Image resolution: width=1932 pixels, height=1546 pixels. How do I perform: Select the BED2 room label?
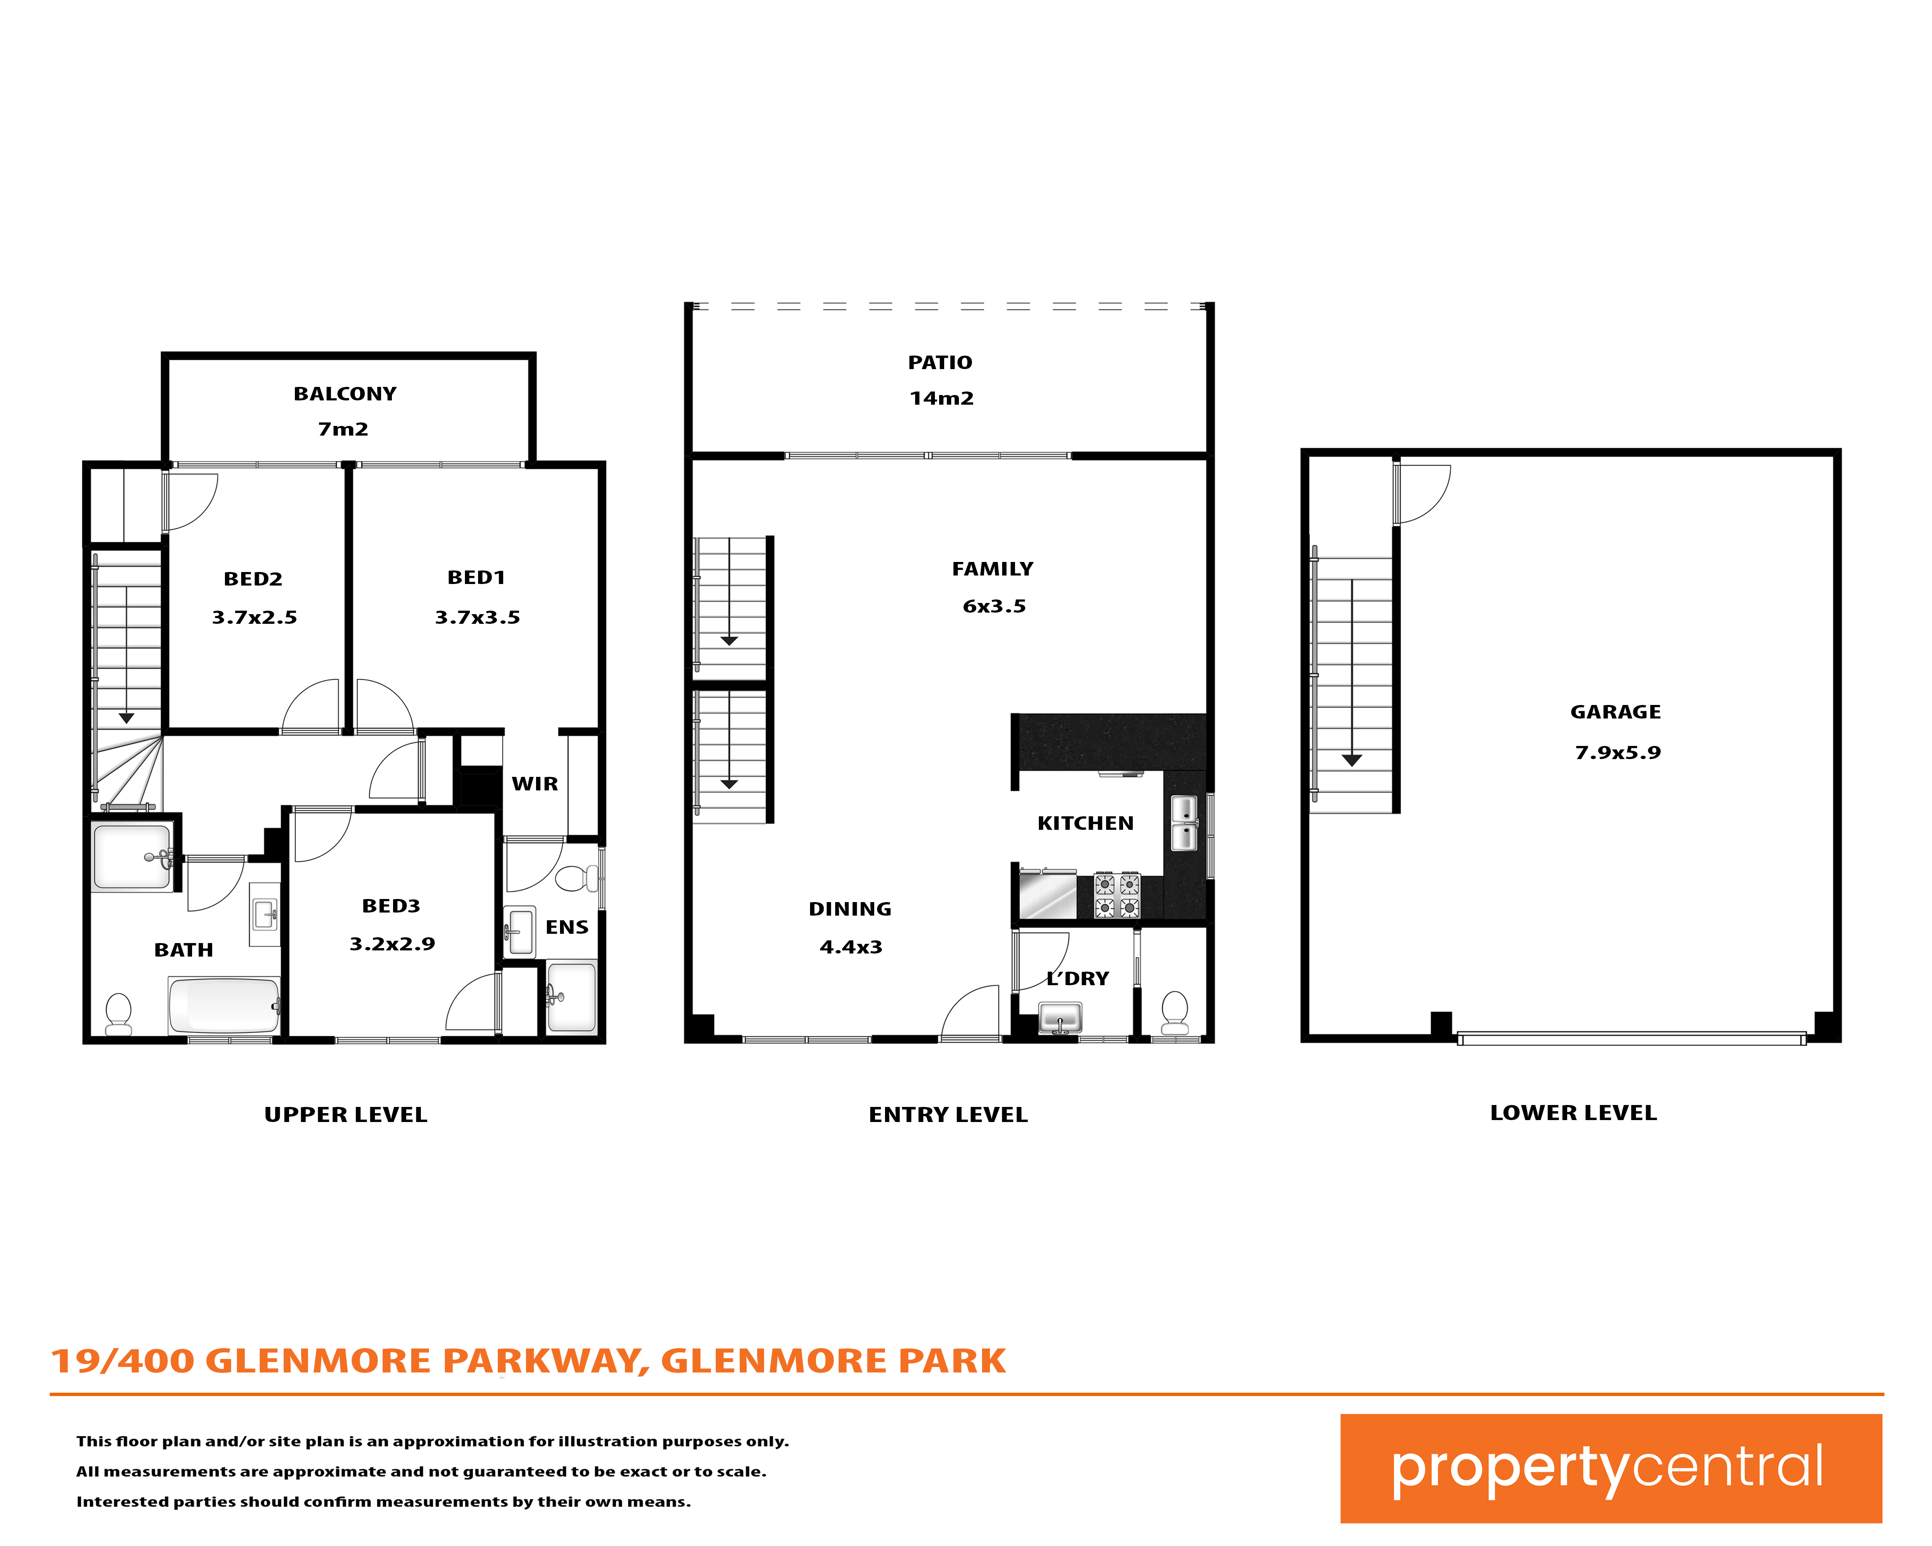point(253,579)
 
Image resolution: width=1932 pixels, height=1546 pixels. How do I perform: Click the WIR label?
point(535,784)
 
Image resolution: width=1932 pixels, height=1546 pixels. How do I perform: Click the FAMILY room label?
point(993,569)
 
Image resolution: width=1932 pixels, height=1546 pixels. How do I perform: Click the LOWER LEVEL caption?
point(1574,1113)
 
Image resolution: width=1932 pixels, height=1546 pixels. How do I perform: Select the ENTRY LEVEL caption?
point(948,1115)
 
